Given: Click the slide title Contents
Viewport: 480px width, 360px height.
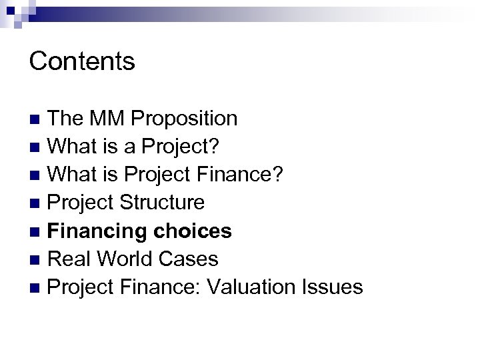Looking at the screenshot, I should click(83, 61).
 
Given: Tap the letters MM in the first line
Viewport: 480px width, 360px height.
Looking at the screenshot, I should click(107, 119).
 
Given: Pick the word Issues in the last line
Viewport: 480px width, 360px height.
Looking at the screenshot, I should click(337, 287).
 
